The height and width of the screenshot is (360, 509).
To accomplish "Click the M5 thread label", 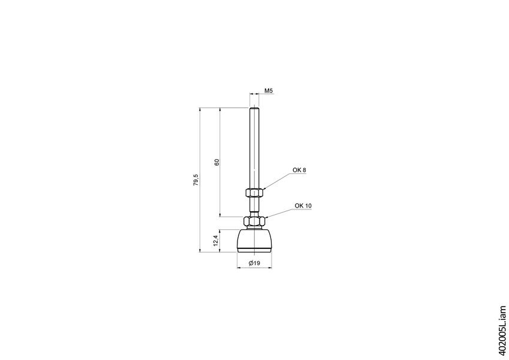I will (269, 91).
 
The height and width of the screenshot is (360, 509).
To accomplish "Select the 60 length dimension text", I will (217, 162).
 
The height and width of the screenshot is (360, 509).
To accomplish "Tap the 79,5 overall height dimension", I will (196, 180).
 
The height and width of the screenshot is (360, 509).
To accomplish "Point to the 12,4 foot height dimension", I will (216, 241).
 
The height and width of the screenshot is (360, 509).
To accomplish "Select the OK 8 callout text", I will (299, 170).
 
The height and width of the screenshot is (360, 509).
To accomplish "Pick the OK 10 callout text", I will (303, 206).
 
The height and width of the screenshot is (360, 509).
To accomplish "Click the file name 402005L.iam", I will (502, 329).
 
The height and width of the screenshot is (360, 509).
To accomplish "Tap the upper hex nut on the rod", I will (254, 193).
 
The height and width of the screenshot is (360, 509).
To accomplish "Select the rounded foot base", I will (255, 240).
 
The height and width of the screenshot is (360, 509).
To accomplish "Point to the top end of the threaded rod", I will (254, 109).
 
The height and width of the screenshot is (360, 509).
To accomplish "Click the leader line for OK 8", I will (275, 181).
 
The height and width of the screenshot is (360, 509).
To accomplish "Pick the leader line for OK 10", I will (278, 212).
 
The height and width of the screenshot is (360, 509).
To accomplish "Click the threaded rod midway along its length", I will (254, 150).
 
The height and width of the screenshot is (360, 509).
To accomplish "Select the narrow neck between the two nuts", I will (254, 209).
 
